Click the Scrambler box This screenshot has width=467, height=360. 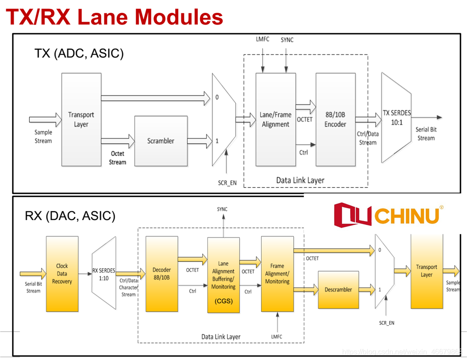[x=160, y=141]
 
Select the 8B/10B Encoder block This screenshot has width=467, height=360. [x=335, y=119]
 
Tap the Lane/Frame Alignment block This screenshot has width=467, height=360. [x=275, y=119]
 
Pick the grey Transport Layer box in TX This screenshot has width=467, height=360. [x=81, y=119]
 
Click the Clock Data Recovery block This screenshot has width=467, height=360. [x=62, y=273]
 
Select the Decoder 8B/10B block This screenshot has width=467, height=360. [x=161, y=273]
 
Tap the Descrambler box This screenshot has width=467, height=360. [x=338, y=290]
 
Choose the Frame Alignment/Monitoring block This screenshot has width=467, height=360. [x=277, y=273]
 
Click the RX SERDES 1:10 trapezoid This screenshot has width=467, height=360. [x=104, y=274]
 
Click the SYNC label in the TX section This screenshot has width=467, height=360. [x=287, y=40]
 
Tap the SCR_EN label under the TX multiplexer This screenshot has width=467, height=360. [x=227, y=182]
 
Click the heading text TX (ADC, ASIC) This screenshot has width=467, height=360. [x=79, y=53]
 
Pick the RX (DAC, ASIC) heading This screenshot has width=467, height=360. [x=70, y=216]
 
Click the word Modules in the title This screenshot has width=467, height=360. [x=179, y=17]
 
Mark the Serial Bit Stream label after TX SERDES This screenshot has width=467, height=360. [x=425, y=134]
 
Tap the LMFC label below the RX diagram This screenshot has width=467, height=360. [x=277, y=336]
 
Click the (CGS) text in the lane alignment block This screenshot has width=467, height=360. [x=224, y=301]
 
